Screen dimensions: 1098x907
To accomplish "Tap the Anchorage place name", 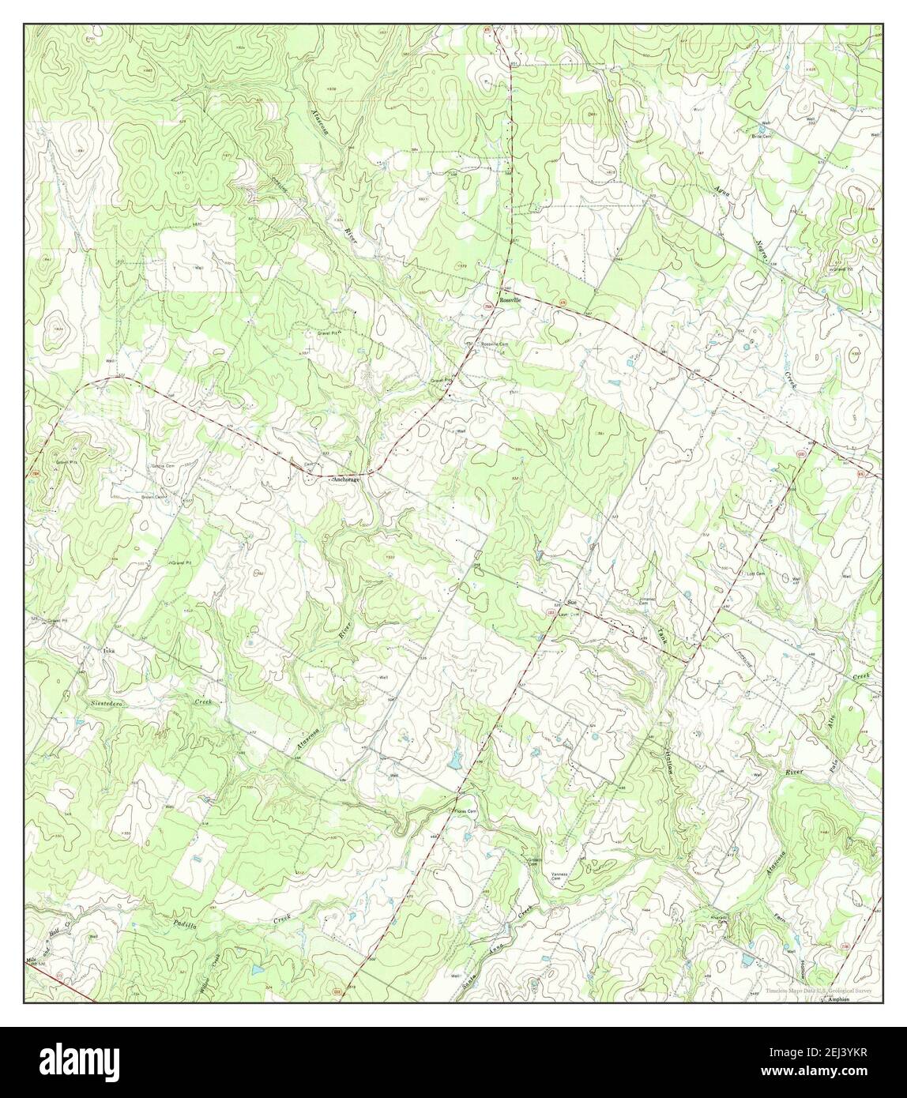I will (346, 479).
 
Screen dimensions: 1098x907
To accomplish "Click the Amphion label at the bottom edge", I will (840, 999).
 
